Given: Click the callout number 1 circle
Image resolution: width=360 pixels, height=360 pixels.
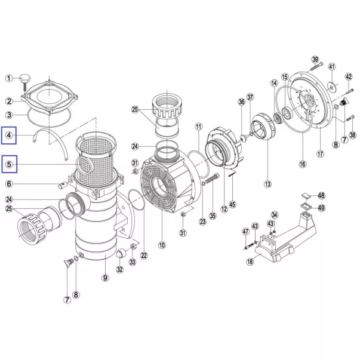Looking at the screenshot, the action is click(9, 79).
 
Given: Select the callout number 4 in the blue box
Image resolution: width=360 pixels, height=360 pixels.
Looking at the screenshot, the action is click(9, 136).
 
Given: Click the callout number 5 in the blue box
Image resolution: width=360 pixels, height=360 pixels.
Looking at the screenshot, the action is click(9, 164).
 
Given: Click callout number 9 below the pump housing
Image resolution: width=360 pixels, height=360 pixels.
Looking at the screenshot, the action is click(105, 278).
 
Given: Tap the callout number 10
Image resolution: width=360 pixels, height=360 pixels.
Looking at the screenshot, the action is click(162, 245).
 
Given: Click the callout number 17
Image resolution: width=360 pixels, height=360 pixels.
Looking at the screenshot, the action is click(320, 153).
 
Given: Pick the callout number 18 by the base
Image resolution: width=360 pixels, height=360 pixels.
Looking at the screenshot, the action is click(250, 261).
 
